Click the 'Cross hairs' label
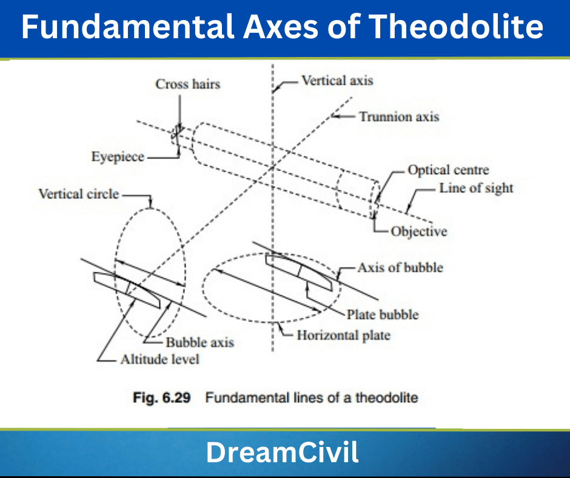point(187,84)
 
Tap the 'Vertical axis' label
point(337,80)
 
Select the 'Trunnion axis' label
point(398,116)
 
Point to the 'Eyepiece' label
point(118,157)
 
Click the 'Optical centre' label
point(448,170)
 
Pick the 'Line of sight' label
point(476,188)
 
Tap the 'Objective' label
point(418,231)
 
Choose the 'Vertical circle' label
point(79,194)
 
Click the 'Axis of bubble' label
point(400,267)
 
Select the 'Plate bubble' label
point(383,314)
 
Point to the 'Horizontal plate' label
point(343,335)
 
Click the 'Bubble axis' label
point(200,343)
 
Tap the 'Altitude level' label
point(159,359)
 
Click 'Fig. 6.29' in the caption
point(162,399)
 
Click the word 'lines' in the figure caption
point(307,399)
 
